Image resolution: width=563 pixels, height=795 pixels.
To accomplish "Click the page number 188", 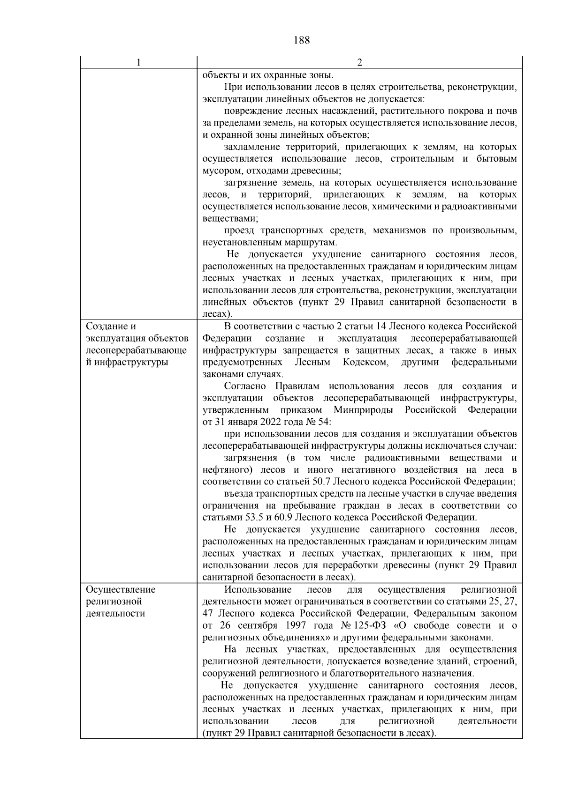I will (302, 40).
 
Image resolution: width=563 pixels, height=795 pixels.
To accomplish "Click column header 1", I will (138, 63).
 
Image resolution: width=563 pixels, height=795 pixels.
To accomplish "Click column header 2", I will (359, 63).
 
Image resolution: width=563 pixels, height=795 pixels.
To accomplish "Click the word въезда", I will (240, 494).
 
